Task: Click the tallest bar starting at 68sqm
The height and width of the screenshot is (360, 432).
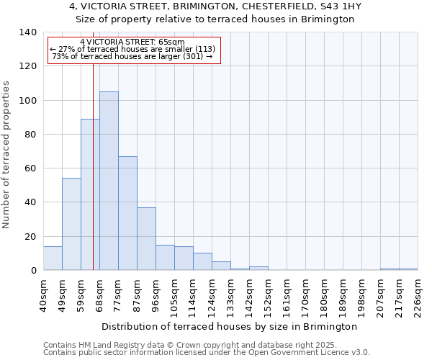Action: coord(109,181)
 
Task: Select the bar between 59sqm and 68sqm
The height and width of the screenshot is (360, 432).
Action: coord(90,194)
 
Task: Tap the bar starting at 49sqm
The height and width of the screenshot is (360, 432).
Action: coord(71,224)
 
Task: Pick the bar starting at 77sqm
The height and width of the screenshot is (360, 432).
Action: coord(127,213)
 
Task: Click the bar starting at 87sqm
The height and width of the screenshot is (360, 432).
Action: coord(146,238)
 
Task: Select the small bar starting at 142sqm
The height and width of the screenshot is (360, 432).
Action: coord(258,269)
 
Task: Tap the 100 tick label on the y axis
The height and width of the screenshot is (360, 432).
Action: coord(27,100)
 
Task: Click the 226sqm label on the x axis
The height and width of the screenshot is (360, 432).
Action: coord(418,296)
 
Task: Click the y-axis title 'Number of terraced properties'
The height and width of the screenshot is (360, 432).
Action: coord(7,154)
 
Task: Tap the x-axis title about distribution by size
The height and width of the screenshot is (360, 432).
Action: coord(235,326)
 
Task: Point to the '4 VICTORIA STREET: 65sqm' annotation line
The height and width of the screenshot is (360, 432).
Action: coord(132,42)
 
